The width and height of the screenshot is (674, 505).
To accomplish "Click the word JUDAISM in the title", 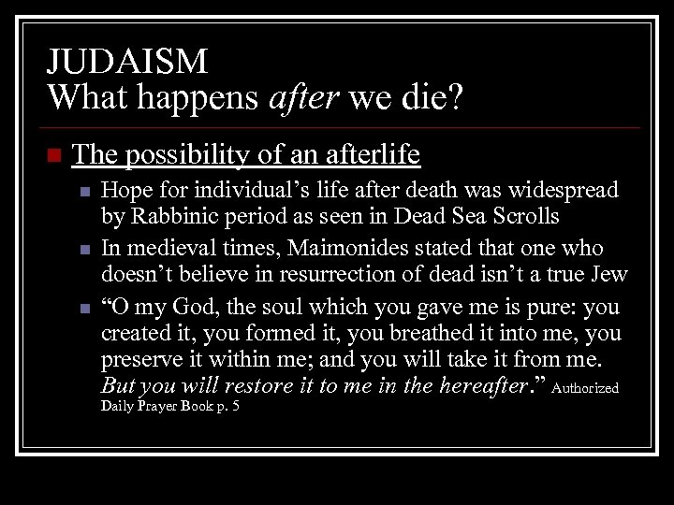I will coord(127,62).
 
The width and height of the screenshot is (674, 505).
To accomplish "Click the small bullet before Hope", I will coord(85,192).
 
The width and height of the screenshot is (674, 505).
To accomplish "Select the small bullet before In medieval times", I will coord(85,250).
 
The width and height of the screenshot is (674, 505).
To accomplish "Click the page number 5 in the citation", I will coord(235,408).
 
